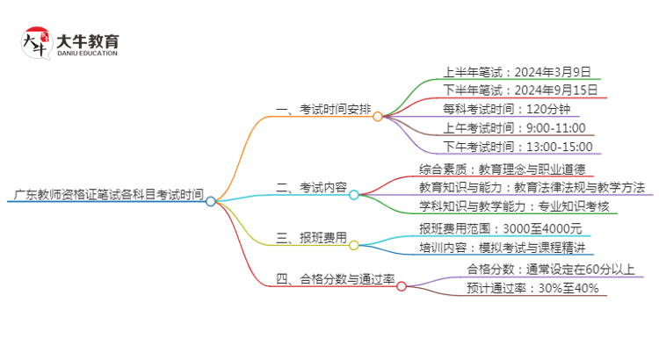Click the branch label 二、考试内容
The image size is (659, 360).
coord(311,188)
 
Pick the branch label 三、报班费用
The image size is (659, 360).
coord(311,238)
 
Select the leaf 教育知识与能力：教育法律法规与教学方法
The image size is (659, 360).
coord(532,188)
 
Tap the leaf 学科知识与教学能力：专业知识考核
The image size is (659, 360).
coord(514,207)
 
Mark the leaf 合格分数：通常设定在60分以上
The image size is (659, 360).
coord(551,270)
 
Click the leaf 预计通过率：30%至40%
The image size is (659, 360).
coord(532,288)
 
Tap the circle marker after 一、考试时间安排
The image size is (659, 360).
coord(378,116)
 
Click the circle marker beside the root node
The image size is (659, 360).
coord(211,201)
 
